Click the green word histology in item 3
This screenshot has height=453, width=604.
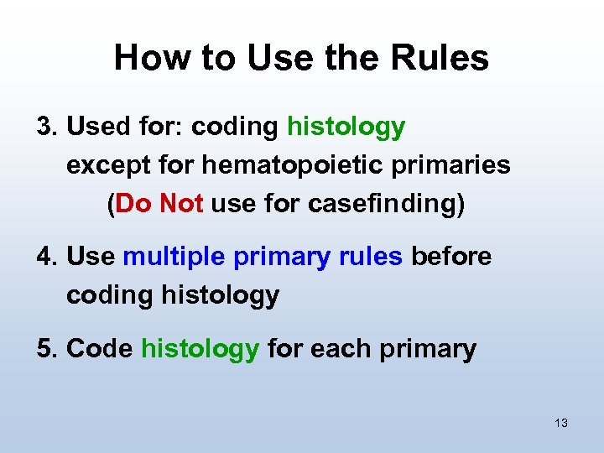346,128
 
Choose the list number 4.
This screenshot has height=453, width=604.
47,257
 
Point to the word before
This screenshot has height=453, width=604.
451,257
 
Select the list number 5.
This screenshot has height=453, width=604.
47,348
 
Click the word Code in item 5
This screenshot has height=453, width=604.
99,348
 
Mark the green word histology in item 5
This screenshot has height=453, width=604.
200,349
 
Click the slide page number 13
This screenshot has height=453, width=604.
561,423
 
